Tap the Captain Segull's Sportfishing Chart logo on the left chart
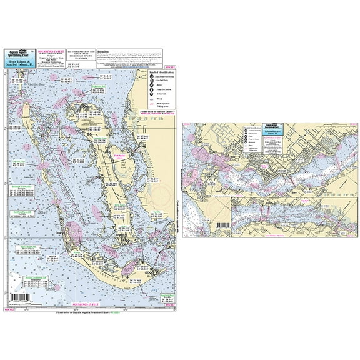[x=22, y=55]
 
